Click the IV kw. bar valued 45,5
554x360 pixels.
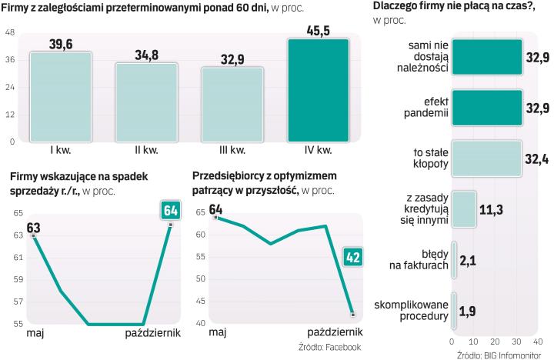click(x=317, y=90)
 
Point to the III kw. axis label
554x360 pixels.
click(x=232, y=149)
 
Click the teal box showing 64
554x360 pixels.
click(x=170, y=211)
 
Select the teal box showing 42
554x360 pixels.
click(x=352, y=257)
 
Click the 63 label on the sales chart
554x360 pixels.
click(x=33, y=227)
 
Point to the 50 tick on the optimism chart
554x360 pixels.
click(x=199, y=279)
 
